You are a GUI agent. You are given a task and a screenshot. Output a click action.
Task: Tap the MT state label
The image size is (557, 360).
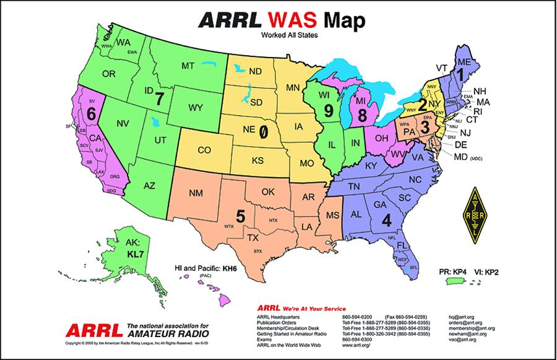tap(189, 66)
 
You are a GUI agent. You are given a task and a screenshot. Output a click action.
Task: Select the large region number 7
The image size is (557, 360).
tap(160, 98)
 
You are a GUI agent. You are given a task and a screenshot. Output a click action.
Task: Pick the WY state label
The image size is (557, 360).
tap(196, 107)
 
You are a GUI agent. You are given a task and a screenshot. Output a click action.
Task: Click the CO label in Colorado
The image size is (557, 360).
tap(204, 150)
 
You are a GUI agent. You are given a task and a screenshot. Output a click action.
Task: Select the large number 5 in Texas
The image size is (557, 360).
tap(241, 216)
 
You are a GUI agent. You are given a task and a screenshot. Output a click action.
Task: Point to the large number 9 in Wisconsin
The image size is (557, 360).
tap(329, 112)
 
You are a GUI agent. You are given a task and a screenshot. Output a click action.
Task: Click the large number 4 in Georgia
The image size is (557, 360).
tap(387, 219)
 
